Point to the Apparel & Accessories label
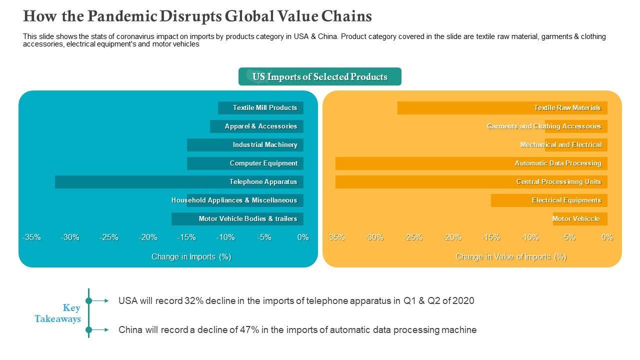click(x=261, y=126)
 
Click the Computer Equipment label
click(x=263, y=163)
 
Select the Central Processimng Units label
click(x=558, y=182)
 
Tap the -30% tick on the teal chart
click(x=70, y=237)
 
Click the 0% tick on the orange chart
click(x=607, y=237)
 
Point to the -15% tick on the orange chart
click(x=491, y=237)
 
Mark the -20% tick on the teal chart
click(x=148, y=237)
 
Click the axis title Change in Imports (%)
click(x=191, y=257)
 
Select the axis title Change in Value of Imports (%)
click(x=511, y=257)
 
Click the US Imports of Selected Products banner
click(x=320, y=77)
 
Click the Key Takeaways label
click(x=58, y=313)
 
